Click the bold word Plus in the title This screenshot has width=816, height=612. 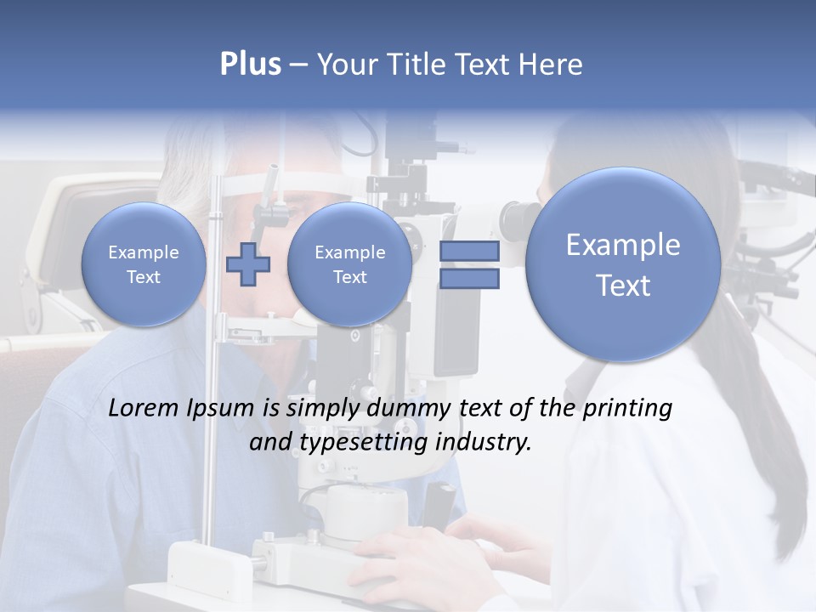tap(250, 65)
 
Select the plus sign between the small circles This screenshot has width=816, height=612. tap(247, 264)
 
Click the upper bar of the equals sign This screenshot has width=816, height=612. tap(468, 251)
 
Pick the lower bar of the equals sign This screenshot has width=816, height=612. tap(468, 279)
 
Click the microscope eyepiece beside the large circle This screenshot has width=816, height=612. tap(515, 221)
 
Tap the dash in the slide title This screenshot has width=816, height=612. tap(298, 65)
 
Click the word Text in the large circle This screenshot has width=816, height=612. tap(623, 286)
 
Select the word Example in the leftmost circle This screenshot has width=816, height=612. tap(144, 252)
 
